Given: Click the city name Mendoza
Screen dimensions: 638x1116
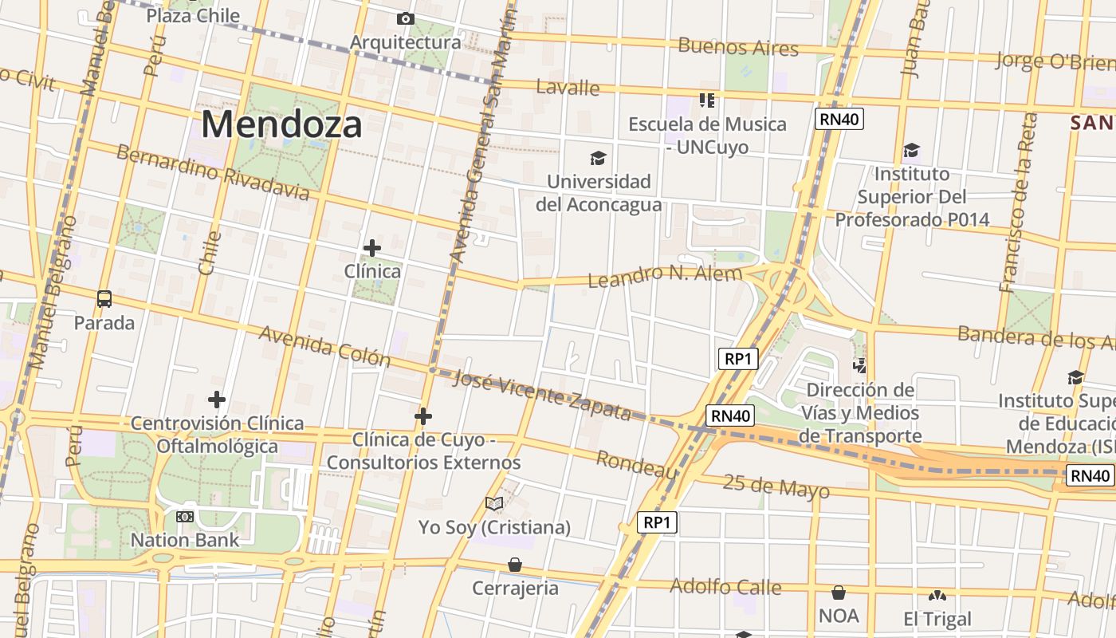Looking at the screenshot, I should coord(281,124).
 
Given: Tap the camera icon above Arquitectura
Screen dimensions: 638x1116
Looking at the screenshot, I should coord(405,18).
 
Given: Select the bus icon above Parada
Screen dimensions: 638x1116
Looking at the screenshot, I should coord(104,299).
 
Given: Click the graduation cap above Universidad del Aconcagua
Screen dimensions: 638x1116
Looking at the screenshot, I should coord(598,159).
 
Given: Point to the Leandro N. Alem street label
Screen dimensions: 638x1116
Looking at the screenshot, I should coord(665,275).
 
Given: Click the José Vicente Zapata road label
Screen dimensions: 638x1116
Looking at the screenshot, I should coord(542,396).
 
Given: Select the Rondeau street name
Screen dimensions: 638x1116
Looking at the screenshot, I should coord(637,464).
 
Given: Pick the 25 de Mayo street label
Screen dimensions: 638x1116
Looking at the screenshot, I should coord(776,486).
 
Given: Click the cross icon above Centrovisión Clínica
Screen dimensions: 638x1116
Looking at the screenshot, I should coord(217,399).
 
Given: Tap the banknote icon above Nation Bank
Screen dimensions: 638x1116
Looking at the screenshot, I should coord(185,517).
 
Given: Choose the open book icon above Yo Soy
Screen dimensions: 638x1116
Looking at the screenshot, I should coord(494,503).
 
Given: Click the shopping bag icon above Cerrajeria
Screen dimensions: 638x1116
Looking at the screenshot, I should coord(515,565).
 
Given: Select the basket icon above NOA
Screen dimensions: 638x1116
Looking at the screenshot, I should coord(838,593).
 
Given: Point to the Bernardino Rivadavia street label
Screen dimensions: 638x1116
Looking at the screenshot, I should coord(213,172).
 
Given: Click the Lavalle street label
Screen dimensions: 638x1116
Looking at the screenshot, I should coord(568,87).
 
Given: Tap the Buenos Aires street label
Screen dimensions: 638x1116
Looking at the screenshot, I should coord(737,46).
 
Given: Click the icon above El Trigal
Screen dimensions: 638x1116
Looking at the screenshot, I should coord(937,595).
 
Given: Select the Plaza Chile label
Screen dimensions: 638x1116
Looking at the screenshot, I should coord(193,15).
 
